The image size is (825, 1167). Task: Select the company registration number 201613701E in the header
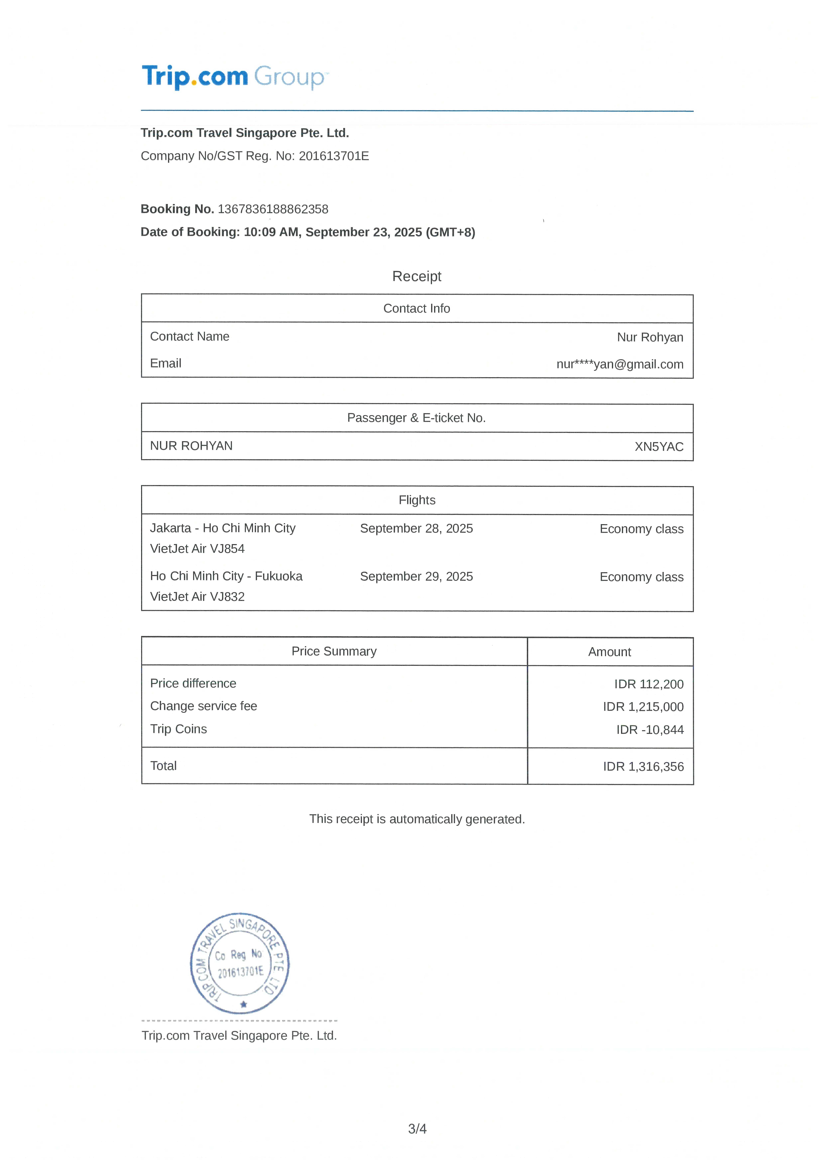click(x=334, y=156)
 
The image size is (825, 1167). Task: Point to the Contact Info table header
click(x=416, y=309)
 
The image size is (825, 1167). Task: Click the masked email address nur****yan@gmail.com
click(x=620, y=364)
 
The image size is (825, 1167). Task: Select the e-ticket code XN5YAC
click(x=659, y=447)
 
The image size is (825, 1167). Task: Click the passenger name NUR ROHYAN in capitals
click(x=191, y=446)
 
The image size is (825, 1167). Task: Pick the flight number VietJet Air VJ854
click(x=197, y=549)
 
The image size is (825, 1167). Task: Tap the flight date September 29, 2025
click(x=416, y=576)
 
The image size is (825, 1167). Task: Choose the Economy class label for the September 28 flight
click(x=641, y=529)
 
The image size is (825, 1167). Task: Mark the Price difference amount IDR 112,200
click(x=649, y=684)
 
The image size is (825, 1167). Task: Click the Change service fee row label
click(x=203, y=706)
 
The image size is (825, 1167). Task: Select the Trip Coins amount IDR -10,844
click(x=650, y=730)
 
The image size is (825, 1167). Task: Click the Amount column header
click(x=610, y=652)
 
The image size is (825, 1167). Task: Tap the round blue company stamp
click(x=240, y=963)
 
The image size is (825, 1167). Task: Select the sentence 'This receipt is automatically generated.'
click(x=416, y=819)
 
